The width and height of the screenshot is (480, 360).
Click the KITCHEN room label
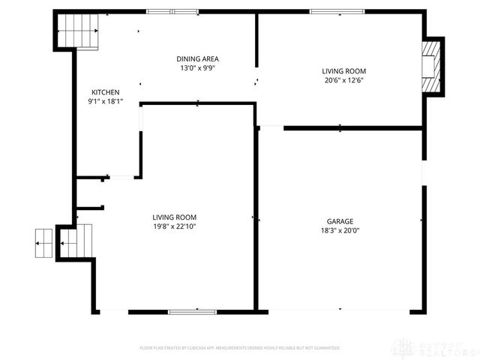105,92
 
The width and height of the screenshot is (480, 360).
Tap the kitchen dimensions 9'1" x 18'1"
105,101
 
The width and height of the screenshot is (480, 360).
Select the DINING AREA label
197,58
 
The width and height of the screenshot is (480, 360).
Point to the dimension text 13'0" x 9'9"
197,67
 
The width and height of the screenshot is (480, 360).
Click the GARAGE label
340,221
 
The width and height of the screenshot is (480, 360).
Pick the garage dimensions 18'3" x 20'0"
340,231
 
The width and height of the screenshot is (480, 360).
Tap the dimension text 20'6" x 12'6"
343,80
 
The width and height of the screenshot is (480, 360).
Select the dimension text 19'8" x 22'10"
174,226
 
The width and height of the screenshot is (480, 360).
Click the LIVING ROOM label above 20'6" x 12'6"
343,71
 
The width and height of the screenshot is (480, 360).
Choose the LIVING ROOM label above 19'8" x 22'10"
174,217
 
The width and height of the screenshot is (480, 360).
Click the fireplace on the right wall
430,67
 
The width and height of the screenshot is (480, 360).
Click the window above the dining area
172,11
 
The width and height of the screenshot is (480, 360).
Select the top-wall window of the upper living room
337,11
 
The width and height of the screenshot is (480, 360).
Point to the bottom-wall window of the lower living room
193,310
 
